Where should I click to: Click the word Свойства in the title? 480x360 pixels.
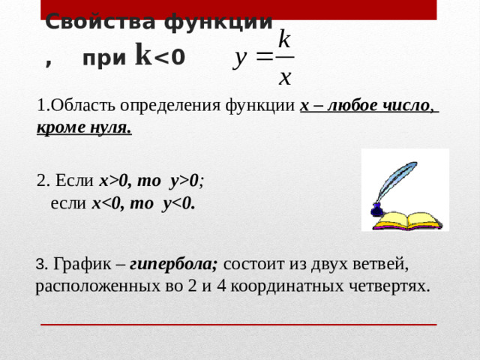[x=100, y=22]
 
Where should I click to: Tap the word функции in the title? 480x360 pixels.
[x=218, y=22]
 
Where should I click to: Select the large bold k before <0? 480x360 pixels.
[x=143, y=54]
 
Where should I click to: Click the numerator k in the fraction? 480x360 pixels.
[x=284, y=39]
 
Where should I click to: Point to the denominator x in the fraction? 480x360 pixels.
[x=284, y=77]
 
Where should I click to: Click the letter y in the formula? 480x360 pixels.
[x=240, y=58]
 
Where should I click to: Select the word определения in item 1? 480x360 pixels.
[x=170, y=106]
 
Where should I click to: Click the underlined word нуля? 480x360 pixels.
[x=111, y=128]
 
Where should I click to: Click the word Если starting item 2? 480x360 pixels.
[x=74, y=180]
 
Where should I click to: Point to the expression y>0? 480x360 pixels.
[x=184, y=181]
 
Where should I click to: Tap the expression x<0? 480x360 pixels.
[x=105, y=203]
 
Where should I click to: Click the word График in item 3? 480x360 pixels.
[x=82, y=264]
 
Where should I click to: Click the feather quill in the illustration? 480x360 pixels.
[x=397, y=181]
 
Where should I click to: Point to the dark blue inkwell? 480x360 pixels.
[x=377, y=210]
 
